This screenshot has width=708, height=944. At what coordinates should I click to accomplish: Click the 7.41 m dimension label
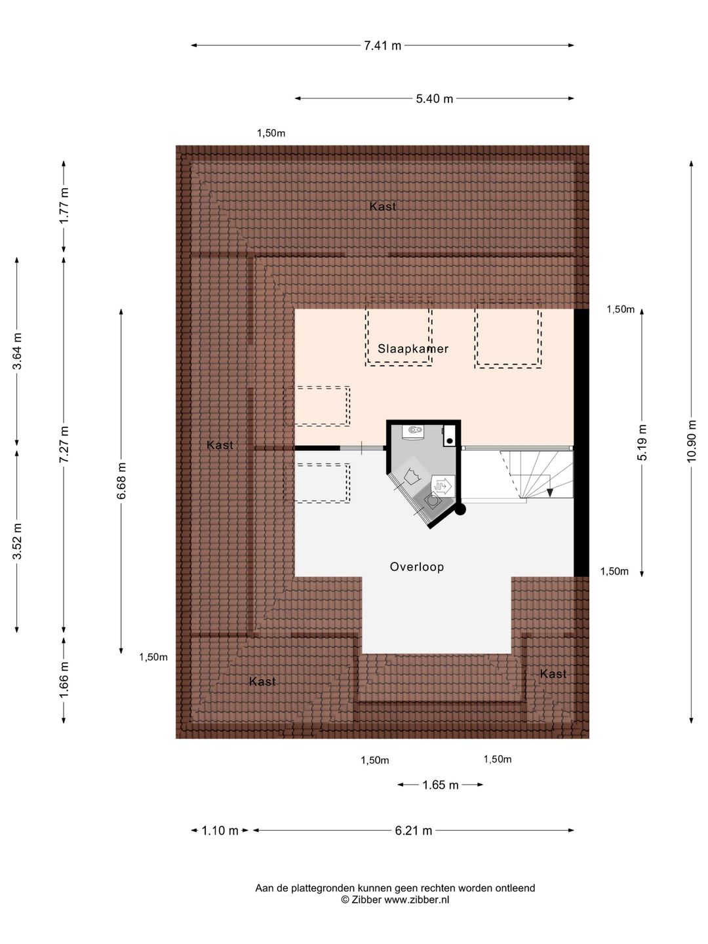[382, 46]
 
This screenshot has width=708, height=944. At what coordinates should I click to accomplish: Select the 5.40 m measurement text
[434, 99]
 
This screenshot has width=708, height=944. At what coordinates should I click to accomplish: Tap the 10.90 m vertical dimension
[691, 441]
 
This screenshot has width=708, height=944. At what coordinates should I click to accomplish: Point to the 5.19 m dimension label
[641, 442]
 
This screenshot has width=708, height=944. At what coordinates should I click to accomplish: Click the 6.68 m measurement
[121, 481]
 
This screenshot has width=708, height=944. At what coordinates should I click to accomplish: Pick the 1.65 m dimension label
[440, 785]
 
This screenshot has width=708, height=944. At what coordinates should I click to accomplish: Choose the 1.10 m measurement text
[220, 831]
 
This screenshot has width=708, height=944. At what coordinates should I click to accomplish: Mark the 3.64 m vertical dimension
[17, 351]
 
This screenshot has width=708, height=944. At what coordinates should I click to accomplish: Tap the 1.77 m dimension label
[64, 206]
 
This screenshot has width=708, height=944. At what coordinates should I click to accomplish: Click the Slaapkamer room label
[413, 349]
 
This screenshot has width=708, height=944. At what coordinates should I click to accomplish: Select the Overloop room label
[416, 567]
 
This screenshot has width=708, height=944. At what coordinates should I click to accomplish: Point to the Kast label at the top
[383, 206]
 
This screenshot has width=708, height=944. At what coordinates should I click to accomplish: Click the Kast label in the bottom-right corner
[553, 674]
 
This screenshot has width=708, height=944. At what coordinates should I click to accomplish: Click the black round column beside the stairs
[460, 509]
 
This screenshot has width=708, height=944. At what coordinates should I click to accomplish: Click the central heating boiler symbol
[413, 431]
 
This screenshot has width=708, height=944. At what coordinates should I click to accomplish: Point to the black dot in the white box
[449, 441]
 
